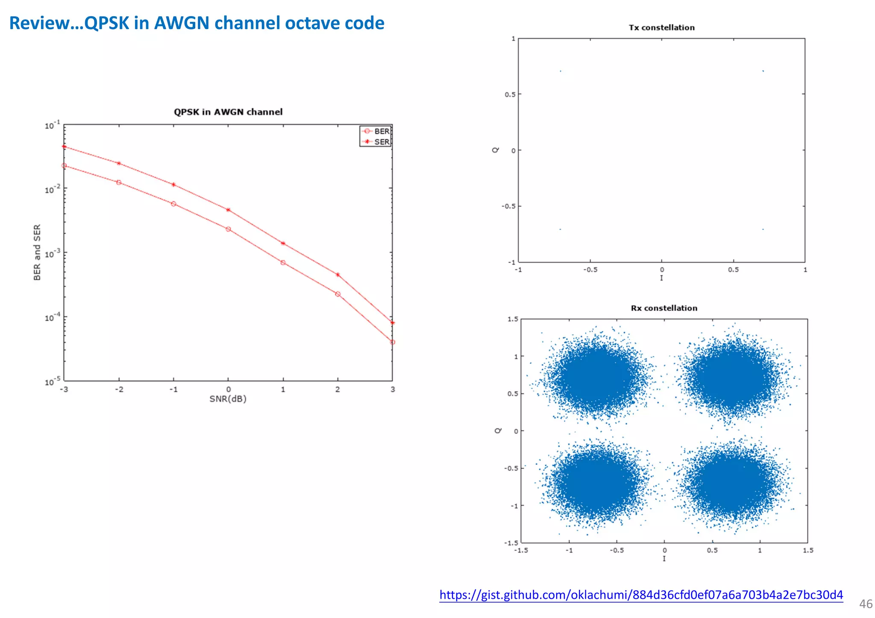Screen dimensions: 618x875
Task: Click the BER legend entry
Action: click(x=376, y=131)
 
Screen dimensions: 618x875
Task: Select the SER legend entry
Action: click(x=376, y=142)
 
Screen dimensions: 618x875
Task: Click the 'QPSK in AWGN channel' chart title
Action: click(x=228, y=112)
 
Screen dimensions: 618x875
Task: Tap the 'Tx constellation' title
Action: click(x=661, y=28)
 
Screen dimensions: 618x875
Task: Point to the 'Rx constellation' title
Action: click(x=664, y=308)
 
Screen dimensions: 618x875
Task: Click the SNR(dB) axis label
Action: click(x=228, y=399)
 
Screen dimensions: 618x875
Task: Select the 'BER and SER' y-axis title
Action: click(x=37, y=252)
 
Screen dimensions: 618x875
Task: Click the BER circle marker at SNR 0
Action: click(x=228, y=229)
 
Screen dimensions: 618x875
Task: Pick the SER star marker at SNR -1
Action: click(x=173, y=185)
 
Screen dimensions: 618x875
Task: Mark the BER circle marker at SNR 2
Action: click(x=338, y=294)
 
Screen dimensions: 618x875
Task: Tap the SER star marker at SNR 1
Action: click(x=283, y=243)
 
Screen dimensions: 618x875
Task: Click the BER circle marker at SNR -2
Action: click(x=119, y=182)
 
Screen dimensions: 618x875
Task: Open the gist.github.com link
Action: click(x=641, y=595)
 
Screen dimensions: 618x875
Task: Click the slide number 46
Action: click(x=866, y=604)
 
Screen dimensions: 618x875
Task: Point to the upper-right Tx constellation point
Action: click(x=763, y=71)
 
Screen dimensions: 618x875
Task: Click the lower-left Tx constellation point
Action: click(x=560, y=229)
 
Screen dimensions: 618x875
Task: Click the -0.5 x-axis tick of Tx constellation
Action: click(x=590, y=270)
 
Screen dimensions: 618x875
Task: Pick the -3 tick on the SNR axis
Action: click(x=64, y=390)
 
